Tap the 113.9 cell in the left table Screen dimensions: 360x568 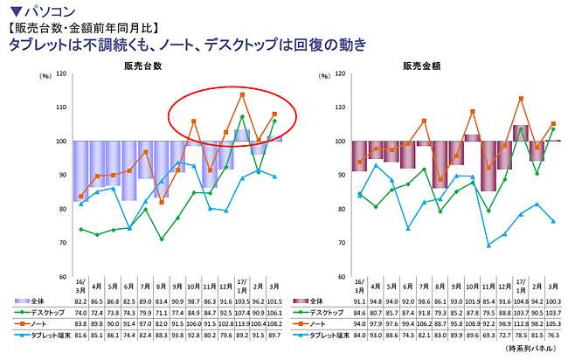point(242,322)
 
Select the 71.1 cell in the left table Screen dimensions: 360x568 point(161,311)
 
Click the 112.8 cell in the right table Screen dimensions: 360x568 point(521,322)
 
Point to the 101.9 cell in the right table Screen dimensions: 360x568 point(472,301)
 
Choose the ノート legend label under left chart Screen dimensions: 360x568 point(38,322)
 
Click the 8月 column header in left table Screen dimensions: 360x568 point(161,286)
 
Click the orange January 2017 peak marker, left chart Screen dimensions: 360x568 point(242,94)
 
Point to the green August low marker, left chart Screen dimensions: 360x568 point(162,239)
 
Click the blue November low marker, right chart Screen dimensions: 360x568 point(488,245)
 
